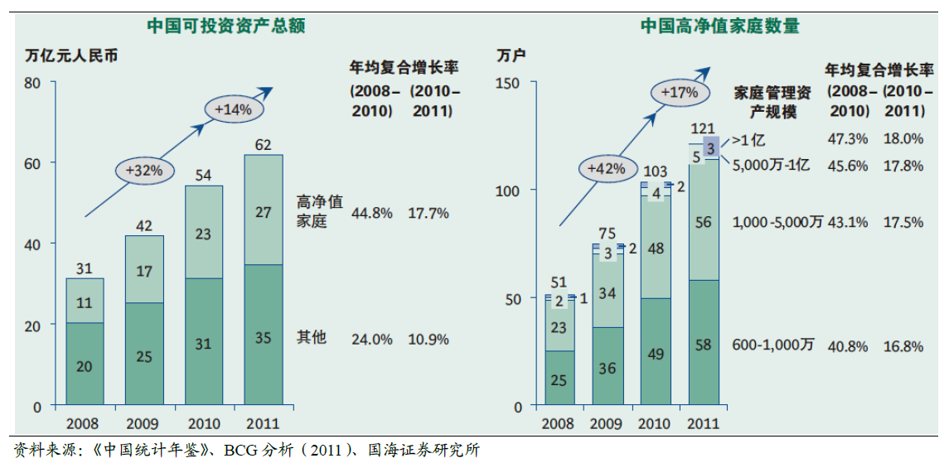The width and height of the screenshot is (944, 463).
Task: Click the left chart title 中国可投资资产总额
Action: tap(226, 26)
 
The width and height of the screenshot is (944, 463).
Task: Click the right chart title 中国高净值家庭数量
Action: tap(719, 26)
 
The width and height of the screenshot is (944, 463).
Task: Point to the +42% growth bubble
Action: tap(603, 168)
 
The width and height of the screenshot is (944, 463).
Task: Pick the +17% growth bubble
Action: tap(680, 92)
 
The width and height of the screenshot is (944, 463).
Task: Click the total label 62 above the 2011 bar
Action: tap(263, 145)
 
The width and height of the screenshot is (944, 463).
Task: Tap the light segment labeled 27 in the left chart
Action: tap(263, 212)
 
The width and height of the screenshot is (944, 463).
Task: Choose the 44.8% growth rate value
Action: tap(371, 214)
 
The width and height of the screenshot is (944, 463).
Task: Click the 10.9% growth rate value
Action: tap(428, 339)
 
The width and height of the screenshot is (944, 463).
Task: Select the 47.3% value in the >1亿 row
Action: tap(847, 138)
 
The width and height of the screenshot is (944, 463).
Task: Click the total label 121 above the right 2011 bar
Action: tap(702, 128)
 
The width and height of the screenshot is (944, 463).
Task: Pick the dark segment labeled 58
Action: tap(702, 345)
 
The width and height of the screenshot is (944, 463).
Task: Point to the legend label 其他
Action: tap(312, 337)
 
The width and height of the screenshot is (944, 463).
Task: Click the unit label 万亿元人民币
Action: tap(71, 57)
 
